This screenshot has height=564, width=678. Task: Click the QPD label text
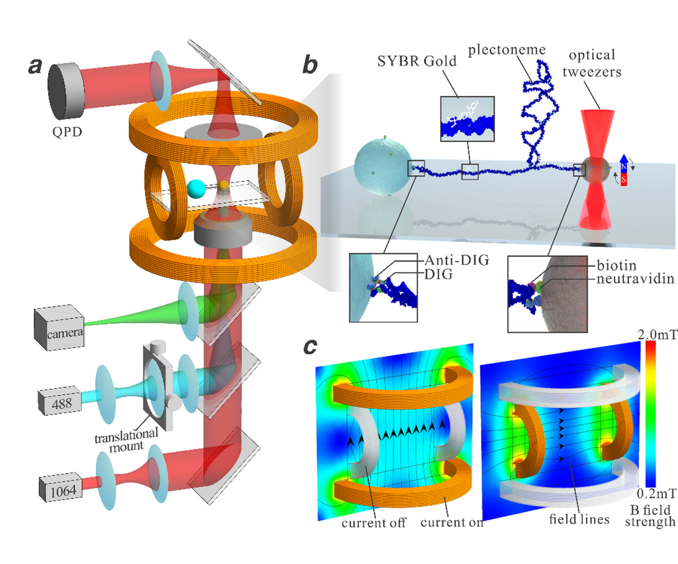click(67, 132)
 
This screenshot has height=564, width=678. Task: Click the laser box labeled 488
click(60, 402)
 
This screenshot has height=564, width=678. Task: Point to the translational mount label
click(126, 440)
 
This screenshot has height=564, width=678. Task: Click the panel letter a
click(35, 65)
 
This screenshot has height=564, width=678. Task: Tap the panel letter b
click(309, 65)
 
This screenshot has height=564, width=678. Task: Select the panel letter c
click(310, 347)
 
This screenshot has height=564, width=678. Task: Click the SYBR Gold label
click(416, 61)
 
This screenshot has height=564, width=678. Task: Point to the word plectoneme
click(506, 50)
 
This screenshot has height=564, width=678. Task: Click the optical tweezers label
click(591, 63)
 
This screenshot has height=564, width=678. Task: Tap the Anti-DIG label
click(457, 260)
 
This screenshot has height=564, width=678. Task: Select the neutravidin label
click(635, 279)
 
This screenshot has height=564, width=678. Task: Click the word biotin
click(617, 266)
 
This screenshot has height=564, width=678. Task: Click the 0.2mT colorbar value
click(656, 493)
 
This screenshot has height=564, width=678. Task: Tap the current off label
click(374, 523)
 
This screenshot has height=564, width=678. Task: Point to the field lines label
click(579, 519)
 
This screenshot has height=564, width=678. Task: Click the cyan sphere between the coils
click(196, 187)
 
